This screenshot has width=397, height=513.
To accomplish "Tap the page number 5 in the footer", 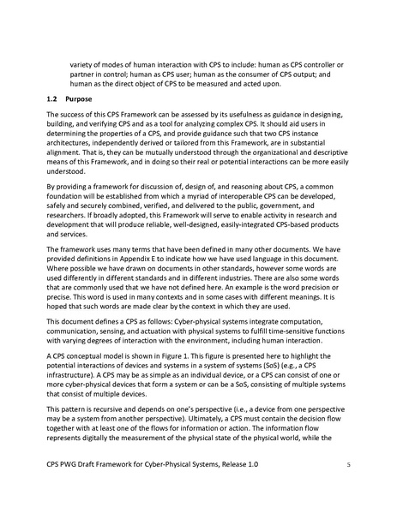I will pyautogui.click(x=348, y=488).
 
